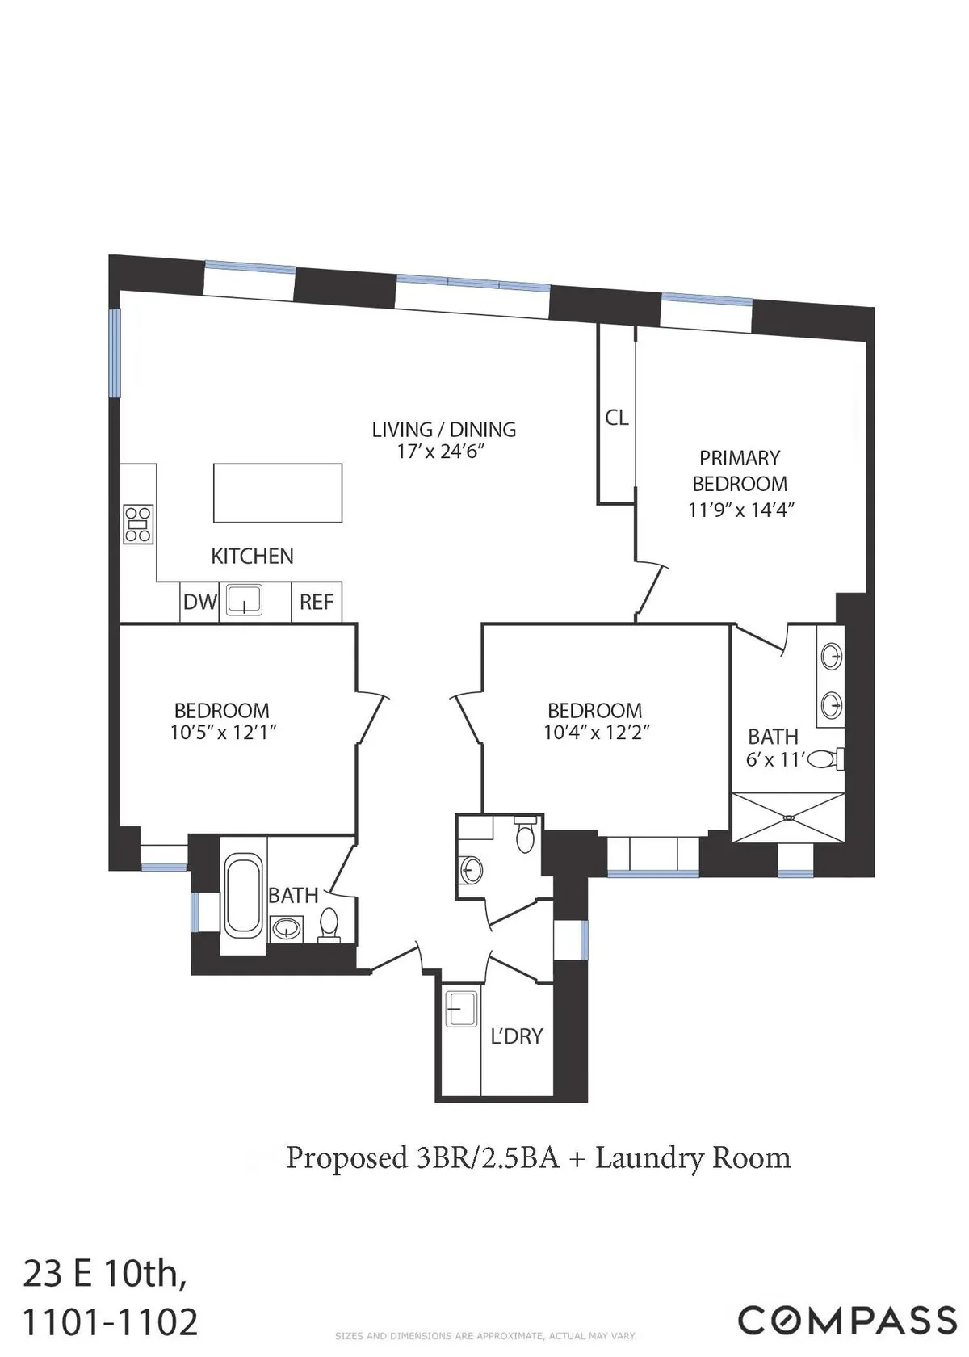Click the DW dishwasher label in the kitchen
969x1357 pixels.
pyautogui.click(x=200, y=602)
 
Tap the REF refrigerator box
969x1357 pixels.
pyautogui.click(x=317, y=603)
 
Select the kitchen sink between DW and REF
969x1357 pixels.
pyautogui.click(x=243, y=601)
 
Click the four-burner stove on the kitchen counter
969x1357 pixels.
pyautogui.click(x=137, y=523)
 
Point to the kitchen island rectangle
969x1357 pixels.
pyautogui.click(x=277, y=493)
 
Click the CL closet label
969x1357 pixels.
pyautogui.click(x=616, y=418)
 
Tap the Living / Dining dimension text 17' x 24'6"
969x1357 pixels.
pyautogui.click(x=443, y=452)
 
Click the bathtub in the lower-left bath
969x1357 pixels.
pyautogui.click(x=243, y=894)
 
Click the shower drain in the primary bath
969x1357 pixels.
pyautogui.click(x=789, y=817)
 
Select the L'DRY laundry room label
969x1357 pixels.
pyautogui.click(x=517, y=1036)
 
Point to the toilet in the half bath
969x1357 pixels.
pyautogui.click(x=525, y=835)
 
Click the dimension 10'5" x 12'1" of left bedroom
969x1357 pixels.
pyautogui.click(x=223, y=733)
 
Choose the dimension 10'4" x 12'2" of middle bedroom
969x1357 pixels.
pyautogui.click(x=597, y=733)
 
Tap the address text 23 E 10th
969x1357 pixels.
pyautogui.click(x=104, y=1275)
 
